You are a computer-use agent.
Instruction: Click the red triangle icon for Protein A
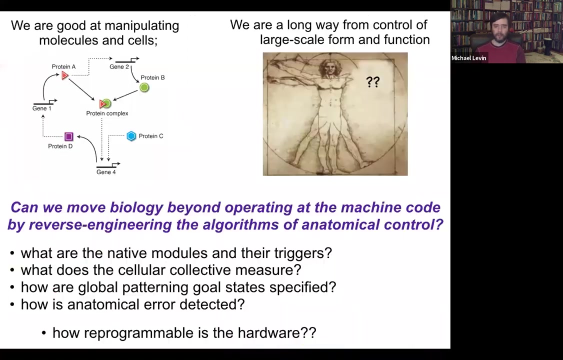click(65, 75)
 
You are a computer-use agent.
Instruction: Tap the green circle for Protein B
click(144, 87)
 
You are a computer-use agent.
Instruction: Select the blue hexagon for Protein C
click(131, 136)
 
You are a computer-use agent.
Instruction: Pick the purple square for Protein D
click(69, 136)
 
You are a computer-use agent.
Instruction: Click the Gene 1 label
click(41, 108)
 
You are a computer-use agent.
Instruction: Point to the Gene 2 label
click(119, 67)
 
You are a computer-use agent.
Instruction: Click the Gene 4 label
click(106, 172)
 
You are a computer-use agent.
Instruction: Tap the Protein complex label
click(107, 113)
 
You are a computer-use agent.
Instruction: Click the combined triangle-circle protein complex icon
click(105, 103)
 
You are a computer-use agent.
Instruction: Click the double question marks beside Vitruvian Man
click(373, 82)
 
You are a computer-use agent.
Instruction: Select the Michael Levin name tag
click(469, 58)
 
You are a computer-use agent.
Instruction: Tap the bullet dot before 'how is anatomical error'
click(12, 305)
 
